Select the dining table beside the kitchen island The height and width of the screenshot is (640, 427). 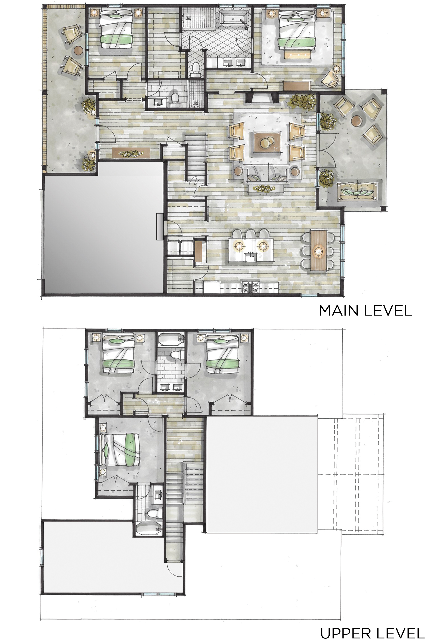click(x=319, y=248)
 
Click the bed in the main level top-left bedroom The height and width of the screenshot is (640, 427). click(x=116, y=30)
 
